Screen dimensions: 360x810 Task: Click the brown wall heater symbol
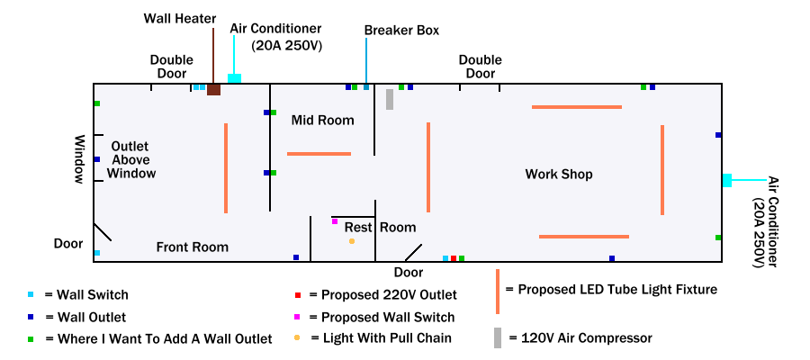[213, 89]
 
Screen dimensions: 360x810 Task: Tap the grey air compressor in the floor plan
[390, 99]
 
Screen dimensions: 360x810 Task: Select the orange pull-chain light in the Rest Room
[352, 241]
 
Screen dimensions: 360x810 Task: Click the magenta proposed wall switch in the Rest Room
[335, 221]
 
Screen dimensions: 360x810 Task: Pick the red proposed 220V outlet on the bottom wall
[454, 258]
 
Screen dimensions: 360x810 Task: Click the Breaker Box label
[401, 30]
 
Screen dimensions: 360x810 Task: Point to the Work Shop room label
[559, 174]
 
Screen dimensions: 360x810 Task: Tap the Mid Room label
[322, 120]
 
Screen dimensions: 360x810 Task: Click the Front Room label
[193, 247]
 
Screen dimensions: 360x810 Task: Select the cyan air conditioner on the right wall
[726, 180]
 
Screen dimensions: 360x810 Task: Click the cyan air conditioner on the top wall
[234, 78]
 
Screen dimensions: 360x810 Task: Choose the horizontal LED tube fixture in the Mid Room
[319, 154]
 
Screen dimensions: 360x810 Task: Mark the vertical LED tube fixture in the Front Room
[226, 168]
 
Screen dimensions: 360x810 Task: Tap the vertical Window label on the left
[79, 160]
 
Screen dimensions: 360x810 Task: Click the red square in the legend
[297, 294]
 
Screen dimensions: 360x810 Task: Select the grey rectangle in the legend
[497, 338]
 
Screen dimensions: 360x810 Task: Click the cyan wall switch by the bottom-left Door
[97, 253]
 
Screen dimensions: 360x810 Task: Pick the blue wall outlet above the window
[97, 159]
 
